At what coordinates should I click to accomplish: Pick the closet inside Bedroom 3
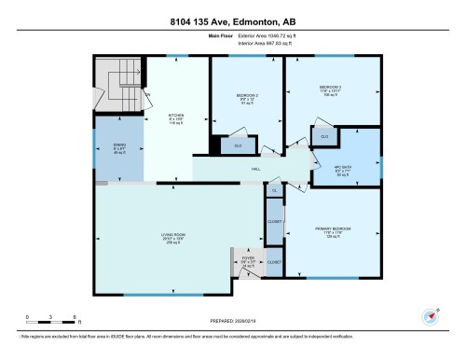pos(324,138)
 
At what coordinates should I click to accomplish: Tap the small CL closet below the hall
pos(274,190)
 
